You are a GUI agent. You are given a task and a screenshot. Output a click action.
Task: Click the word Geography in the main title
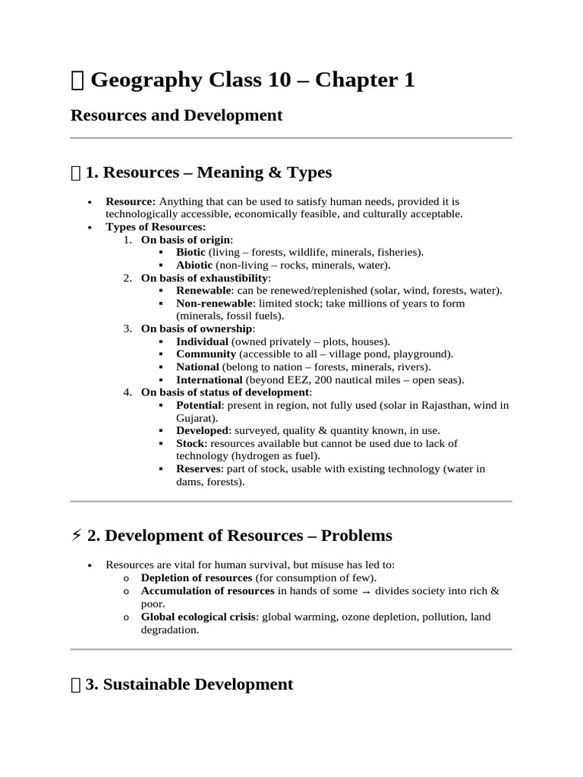tap(143, 80)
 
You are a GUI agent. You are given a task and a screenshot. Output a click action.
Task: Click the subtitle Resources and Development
tap(176, 115)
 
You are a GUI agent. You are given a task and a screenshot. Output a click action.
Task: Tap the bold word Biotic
tap(191, 252)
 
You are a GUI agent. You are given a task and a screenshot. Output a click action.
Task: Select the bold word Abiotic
tap(194, 265)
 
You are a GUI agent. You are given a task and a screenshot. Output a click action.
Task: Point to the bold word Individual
tap(202, 341)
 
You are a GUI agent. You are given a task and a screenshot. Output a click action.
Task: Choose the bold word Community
tap(206, 354)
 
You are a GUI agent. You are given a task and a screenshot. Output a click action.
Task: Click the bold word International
tap(210, 379)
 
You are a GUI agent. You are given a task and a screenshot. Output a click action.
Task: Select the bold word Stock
tap(190, 443)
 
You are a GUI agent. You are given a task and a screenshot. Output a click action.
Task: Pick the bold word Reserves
tap(198, 469)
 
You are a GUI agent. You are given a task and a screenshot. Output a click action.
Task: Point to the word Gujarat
tap(195, 418)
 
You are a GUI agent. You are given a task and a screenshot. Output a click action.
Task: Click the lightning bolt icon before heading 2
tap(76, 536)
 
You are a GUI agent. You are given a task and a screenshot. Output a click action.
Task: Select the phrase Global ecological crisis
tap(199, 617)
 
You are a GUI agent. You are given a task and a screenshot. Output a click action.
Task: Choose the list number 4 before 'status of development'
tap(127, 392)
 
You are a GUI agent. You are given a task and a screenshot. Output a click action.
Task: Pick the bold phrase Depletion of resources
tap(197, 578)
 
